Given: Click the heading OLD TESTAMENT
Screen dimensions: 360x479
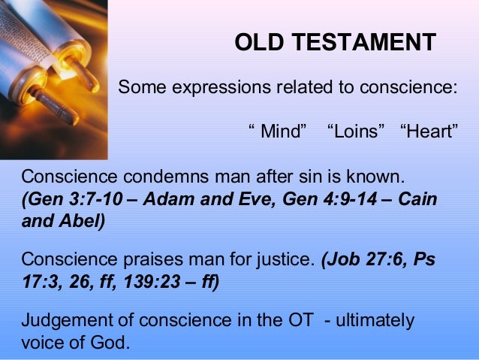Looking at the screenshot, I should pos(335,43).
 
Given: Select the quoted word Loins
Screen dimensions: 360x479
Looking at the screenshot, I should pos(357,133).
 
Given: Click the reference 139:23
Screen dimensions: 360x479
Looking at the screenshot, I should pos(149,283).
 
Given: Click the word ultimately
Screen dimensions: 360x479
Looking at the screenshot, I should pos(375,321).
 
